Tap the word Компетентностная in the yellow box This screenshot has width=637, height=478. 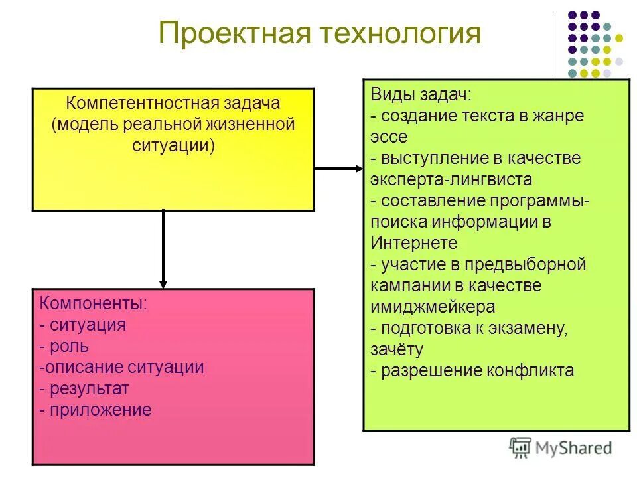[136, 104]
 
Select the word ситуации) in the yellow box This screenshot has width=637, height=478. [173, 145]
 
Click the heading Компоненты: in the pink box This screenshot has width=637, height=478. [94, 304]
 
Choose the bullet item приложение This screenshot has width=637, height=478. [100, 410]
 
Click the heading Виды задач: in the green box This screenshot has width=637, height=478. [421, 94]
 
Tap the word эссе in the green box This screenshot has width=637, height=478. [389, 137]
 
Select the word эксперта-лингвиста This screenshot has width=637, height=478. [451, 179]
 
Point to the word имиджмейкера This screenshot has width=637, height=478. [433, 307]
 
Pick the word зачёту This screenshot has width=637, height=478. [397, 349]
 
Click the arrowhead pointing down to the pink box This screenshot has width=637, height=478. [163, 282]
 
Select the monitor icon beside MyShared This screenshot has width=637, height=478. [520, 447]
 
